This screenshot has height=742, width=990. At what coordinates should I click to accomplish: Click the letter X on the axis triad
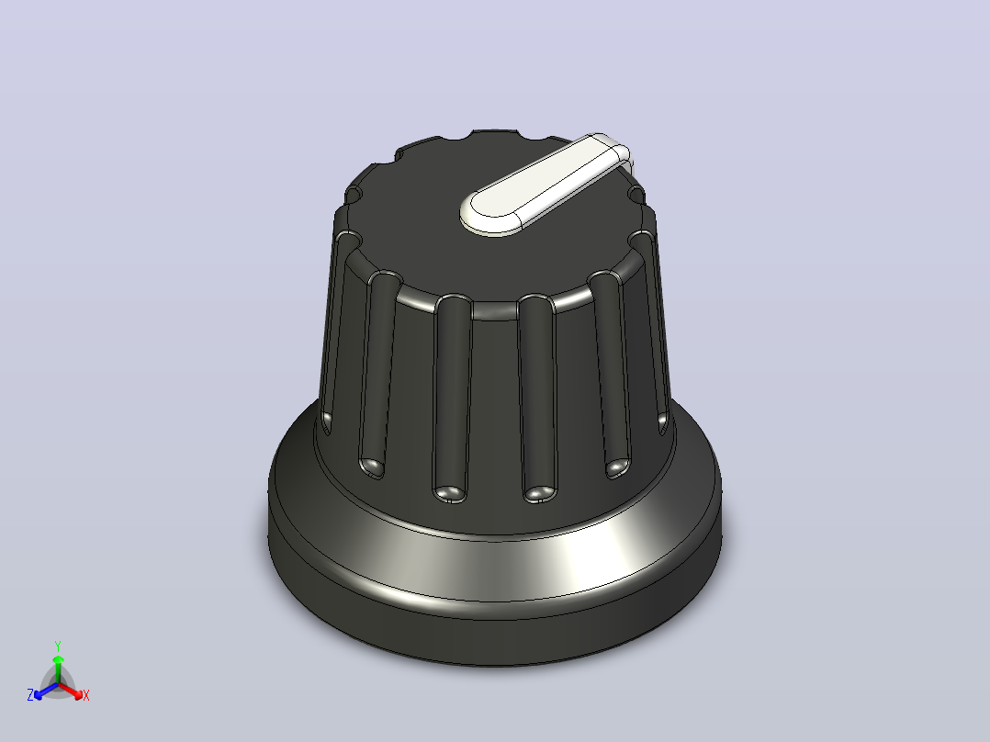click(x=86, y=695)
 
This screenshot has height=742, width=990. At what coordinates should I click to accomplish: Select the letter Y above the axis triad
click(x=58, y=646)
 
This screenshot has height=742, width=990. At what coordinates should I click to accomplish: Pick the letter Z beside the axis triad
click(x=30, y=695)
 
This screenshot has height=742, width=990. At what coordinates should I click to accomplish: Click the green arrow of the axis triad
click(x=58, y=669)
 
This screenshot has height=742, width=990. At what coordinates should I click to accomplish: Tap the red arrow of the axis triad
click(x=71, y=691)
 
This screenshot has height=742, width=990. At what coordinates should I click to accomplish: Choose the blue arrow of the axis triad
click(x=46, y=691)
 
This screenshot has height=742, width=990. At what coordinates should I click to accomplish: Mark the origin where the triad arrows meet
click(x=58, y=684)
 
